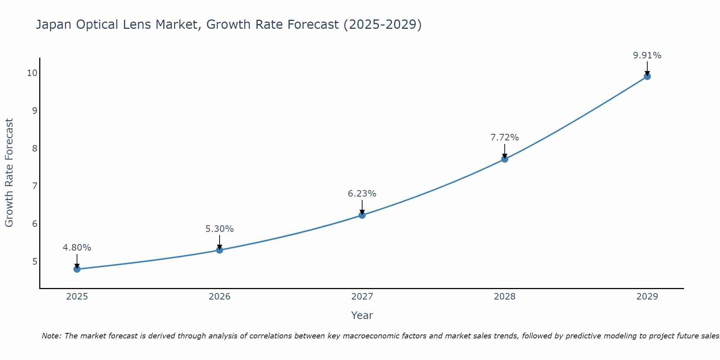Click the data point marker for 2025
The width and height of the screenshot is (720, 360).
tap(77, 269)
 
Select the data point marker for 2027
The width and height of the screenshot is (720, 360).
tap(362, 215)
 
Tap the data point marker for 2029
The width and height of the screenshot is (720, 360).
tap(647, 76)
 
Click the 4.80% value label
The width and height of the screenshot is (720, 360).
tap(77, 248)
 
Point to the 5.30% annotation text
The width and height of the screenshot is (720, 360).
tap(220, 229)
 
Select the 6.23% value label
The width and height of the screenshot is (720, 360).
tap(362, 194)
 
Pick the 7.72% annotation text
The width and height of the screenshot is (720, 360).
tap(505, 138)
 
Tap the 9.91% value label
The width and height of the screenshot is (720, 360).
tap(647, 55)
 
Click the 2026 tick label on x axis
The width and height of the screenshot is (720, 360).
tap(220, 297)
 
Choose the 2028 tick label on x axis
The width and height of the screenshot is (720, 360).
tap(505, 297)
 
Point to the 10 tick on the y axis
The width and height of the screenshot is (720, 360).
tap(32, 73)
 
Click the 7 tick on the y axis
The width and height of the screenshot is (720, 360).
tap(35, 186)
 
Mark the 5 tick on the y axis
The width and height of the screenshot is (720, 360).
tap(35, 261)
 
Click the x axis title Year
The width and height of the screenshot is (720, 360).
tap(362, 315)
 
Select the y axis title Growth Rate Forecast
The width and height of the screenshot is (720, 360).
tap(9, 173)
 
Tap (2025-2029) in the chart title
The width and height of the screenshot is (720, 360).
tap(382, 25)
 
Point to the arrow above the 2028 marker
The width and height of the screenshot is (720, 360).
tap(505, 150)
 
